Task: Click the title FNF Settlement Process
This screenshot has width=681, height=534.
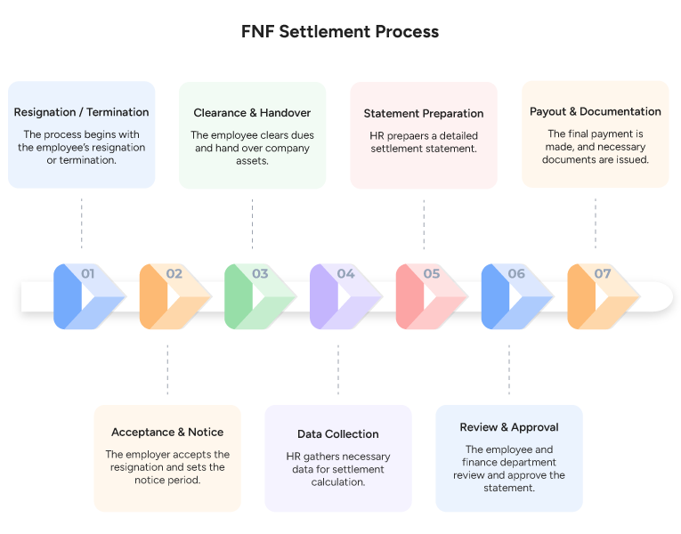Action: (340, 32)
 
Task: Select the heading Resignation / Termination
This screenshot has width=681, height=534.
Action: (82, 113)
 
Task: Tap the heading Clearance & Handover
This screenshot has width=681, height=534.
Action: (252, 113)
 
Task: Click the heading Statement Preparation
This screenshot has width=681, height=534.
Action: (424, 114)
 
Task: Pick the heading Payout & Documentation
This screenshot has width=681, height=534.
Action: (595, 112)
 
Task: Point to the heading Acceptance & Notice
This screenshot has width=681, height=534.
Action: (167, 433)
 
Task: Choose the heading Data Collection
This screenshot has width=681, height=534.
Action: (338, 434)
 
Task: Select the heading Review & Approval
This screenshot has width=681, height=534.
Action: (509, 427)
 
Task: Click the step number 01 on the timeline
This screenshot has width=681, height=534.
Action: (87, 274)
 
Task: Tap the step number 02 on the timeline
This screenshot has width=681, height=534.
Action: (174, 274)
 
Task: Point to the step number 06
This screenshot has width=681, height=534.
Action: (516, 274)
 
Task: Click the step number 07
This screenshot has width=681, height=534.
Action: (603, 274)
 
